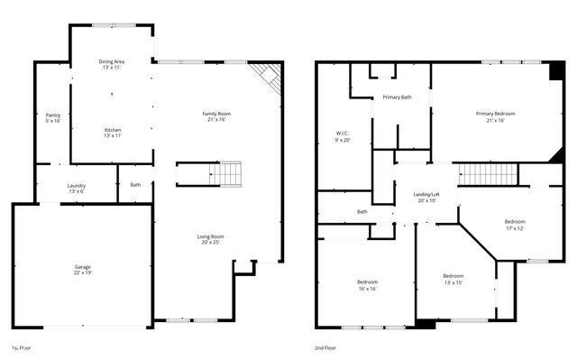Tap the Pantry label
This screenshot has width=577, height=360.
coord(53,115)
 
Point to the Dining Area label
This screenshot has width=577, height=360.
coord(112,61)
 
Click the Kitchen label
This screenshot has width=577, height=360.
coord(112,129)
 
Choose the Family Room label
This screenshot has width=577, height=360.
coord(216,114)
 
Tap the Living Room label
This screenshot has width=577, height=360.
coord(209,236)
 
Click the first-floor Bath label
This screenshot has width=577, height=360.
coord(135,185)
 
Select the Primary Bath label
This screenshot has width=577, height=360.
coord(397,97)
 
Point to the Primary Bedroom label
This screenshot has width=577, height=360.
coord(495,114)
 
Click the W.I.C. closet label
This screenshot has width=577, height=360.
coord(343,134)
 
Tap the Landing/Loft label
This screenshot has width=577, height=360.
coord(426,194)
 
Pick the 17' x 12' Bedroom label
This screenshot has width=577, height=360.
coord(515,221)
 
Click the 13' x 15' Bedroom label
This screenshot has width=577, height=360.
coord(453,275)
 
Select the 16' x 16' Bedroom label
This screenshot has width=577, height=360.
coord(367,282)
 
